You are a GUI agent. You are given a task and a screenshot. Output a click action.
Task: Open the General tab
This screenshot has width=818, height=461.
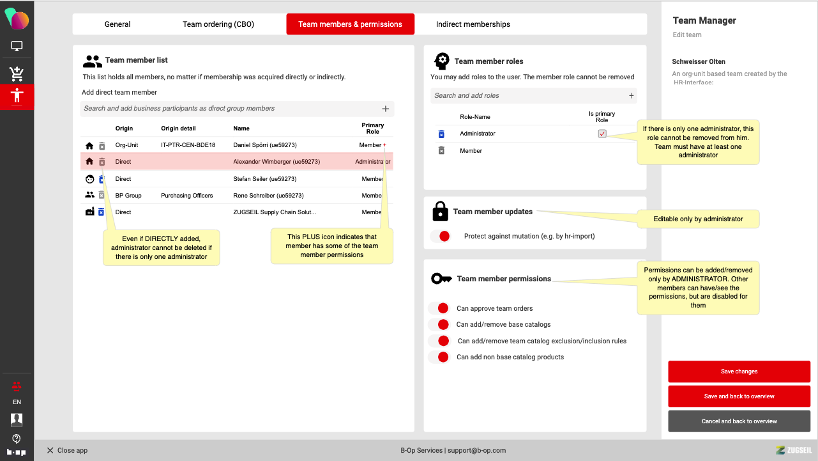tap(117, 24)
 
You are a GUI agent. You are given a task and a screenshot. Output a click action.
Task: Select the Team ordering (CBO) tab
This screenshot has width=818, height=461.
tap(218, 24)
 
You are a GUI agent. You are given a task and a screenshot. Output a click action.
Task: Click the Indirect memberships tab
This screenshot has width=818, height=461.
tap(473, 24)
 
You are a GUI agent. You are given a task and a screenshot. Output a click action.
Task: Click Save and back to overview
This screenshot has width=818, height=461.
tap(739, 396)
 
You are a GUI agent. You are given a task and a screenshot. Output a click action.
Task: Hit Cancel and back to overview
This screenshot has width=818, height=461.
tap(739, 421)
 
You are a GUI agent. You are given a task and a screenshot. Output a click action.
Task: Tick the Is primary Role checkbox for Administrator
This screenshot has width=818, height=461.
tap(602, 134)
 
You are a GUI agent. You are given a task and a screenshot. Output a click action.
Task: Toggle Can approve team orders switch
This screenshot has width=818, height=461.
tap(440, 308)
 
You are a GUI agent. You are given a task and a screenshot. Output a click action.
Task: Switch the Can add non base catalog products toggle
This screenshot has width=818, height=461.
tap(440, 357)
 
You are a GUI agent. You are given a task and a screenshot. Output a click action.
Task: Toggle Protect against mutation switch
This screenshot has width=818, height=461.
tap(441, 236)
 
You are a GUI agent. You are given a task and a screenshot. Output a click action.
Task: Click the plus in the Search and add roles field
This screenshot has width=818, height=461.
tap(631, 95)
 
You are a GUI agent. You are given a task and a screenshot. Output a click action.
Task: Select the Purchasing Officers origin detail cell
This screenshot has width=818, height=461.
tap(186, 196)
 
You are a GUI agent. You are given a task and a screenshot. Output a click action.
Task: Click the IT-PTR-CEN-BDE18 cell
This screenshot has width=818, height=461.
tap(188, 145)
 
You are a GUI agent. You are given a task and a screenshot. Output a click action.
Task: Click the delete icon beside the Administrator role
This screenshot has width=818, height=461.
tap(441, 134)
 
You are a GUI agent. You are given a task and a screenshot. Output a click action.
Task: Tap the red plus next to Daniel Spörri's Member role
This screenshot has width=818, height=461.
tap(384, 145)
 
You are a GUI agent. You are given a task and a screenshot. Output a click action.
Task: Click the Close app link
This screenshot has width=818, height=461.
tap(67, 450)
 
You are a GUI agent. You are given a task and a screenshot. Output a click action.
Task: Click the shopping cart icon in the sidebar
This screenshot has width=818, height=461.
tap(17, 74)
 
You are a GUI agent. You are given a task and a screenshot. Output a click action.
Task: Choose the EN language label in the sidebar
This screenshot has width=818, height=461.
tap(17, 402)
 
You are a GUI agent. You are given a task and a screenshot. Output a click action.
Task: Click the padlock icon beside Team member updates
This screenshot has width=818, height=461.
tap(440, 211)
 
